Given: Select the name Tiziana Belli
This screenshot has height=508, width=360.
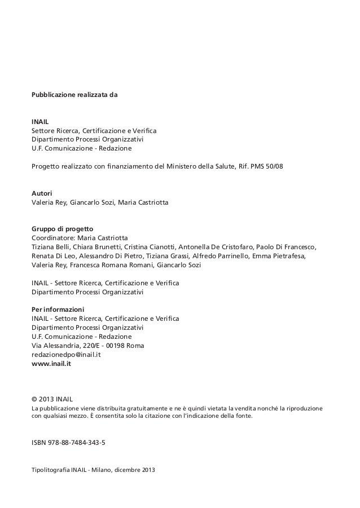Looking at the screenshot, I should coord(50,247).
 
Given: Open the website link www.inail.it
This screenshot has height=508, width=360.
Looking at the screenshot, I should coord(51,364).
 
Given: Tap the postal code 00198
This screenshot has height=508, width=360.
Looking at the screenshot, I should coord(117,346).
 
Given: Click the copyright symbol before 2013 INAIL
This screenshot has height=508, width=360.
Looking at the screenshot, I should coord(35,397).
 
